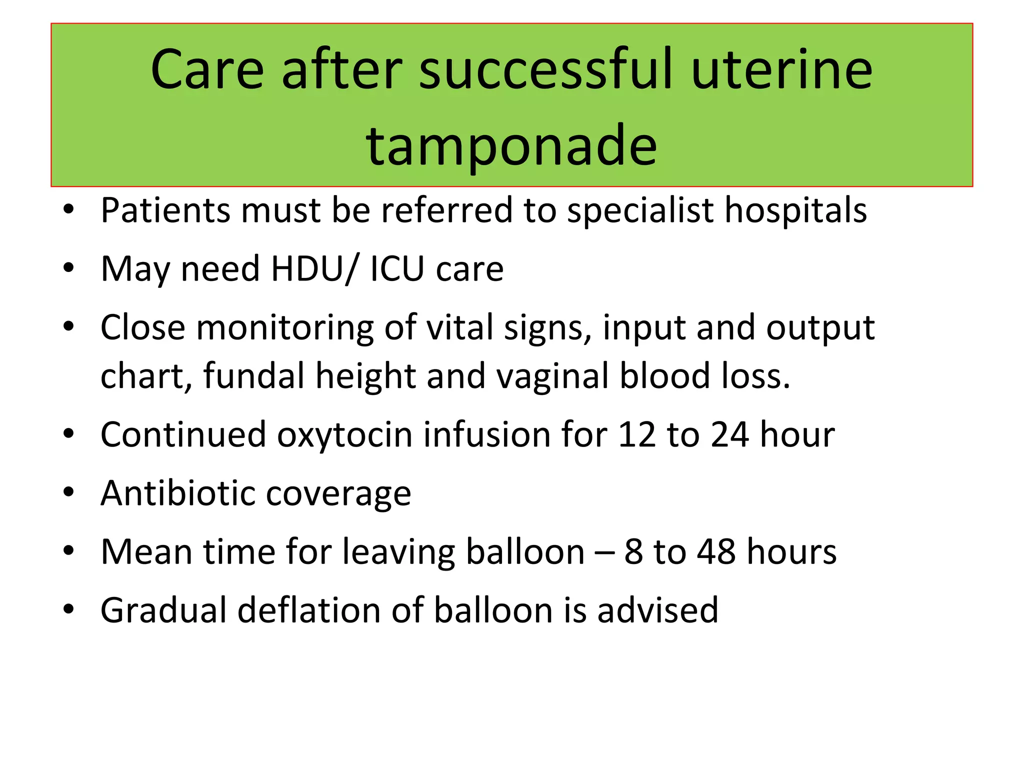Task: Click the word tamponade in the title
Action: point(511,146)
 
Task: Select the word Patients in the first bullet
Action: point(165,210)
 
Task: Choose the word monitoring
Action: point(285,328)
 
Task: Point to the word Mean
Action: point(145,552)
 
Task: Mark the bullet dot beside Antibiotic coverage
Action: point(69,492)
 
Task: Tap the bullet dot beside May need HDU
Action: point(69,268)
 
